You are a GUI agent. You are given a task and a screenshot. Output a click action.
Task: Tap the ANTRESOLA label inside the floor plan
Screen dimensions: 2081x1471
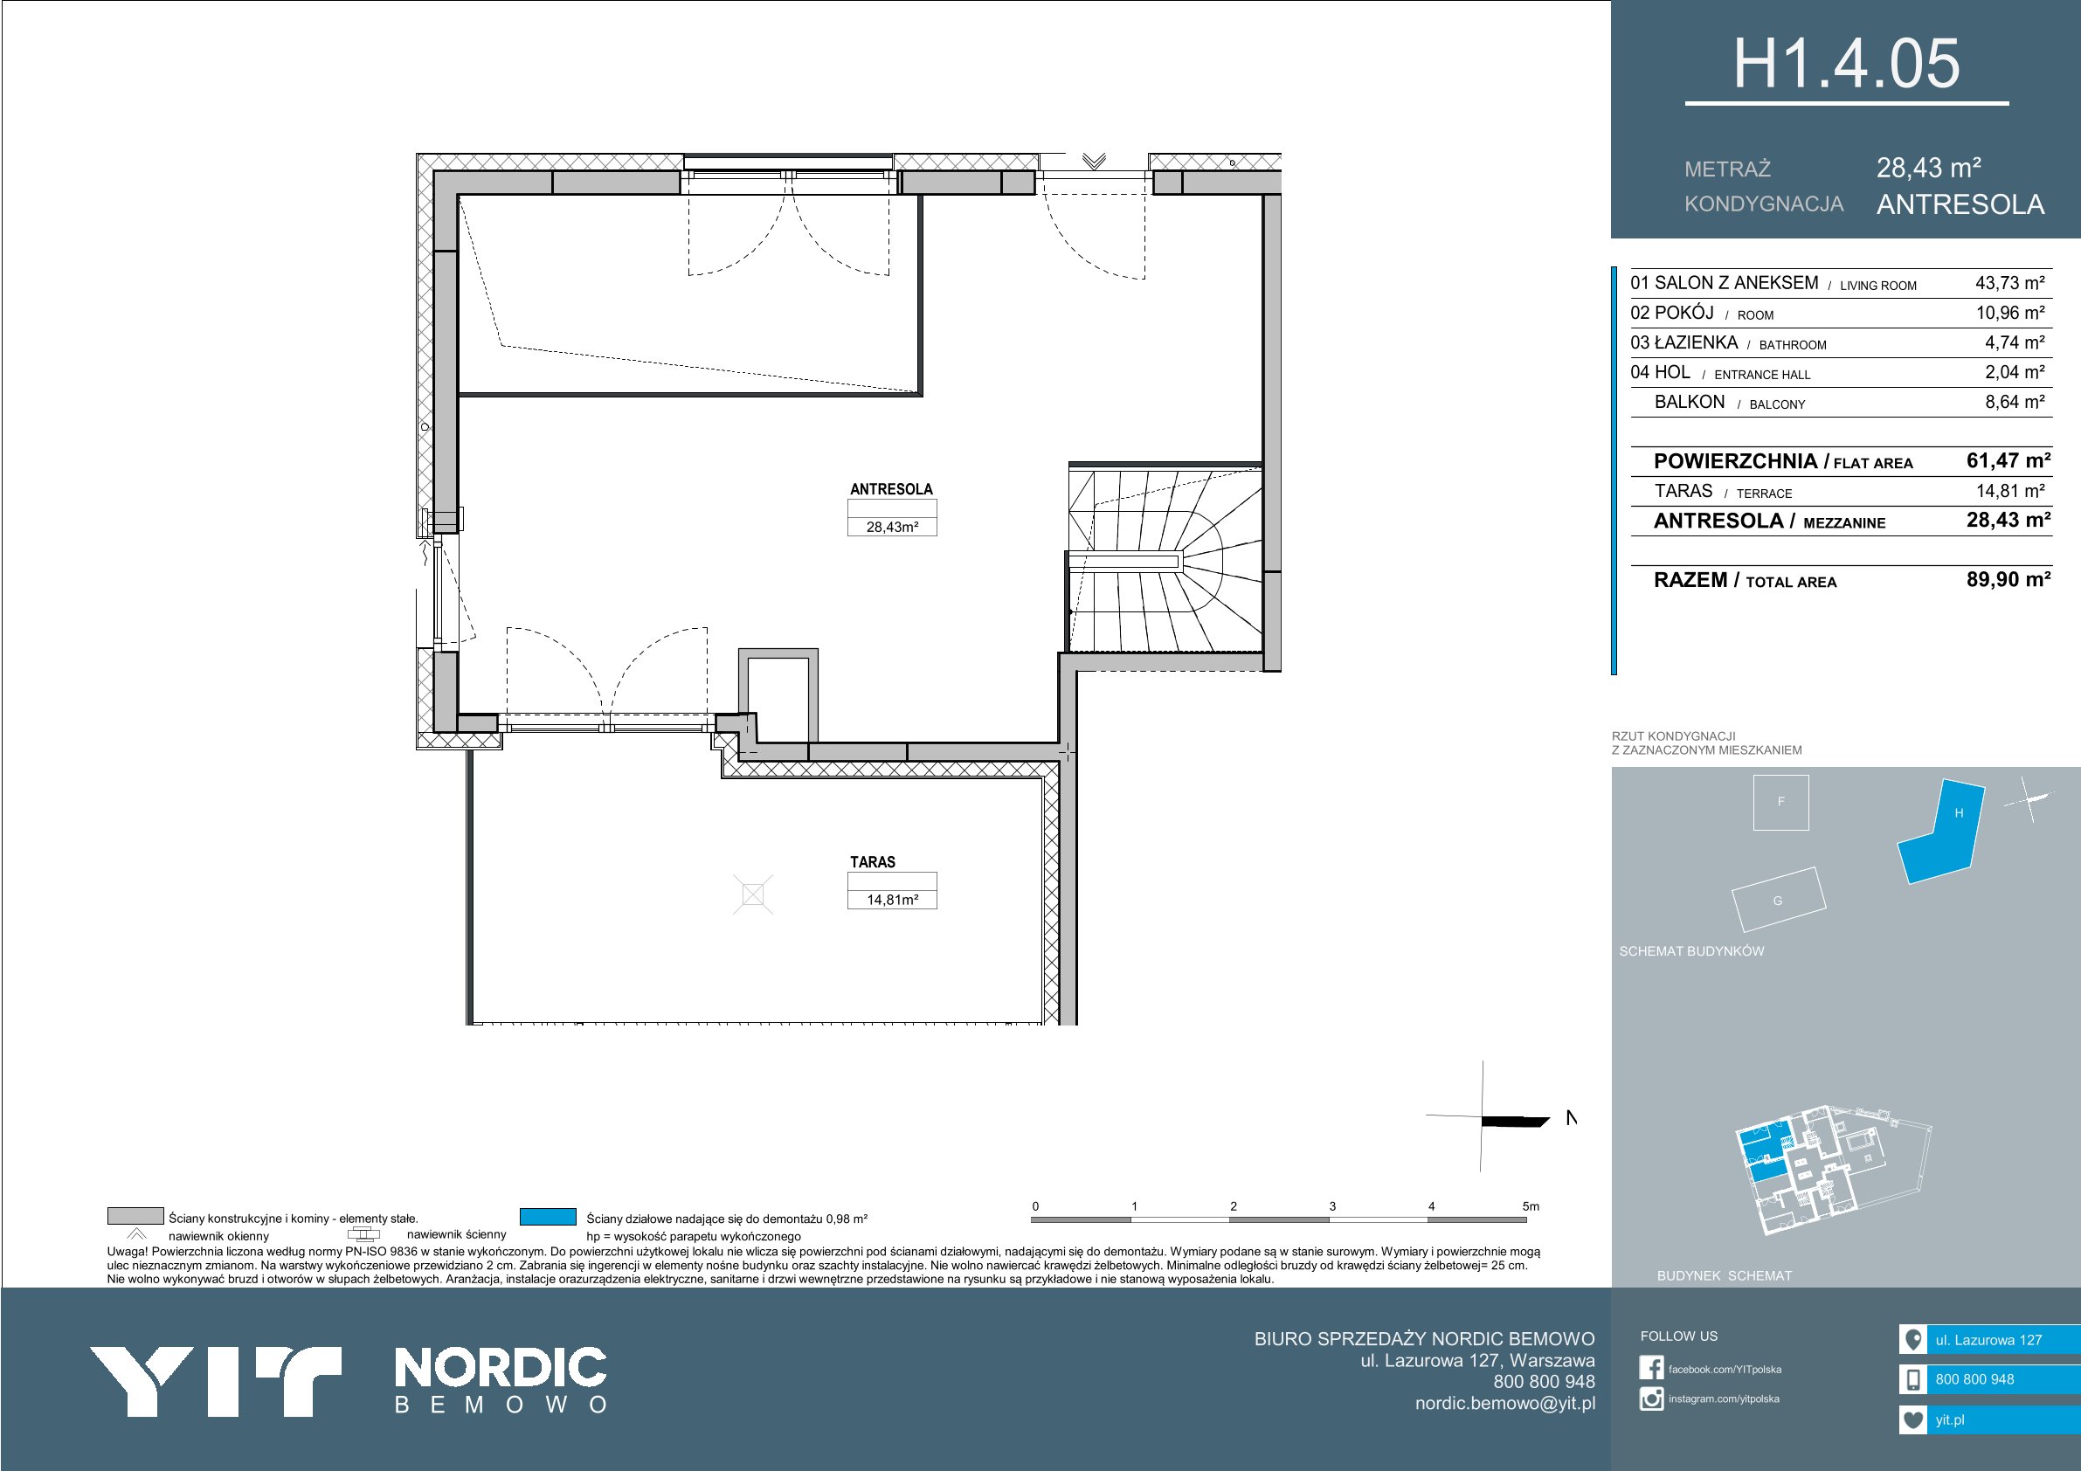891,489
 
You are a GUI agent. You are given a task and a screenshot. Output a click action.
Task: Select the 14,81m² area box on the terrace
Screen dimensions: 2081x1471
892,900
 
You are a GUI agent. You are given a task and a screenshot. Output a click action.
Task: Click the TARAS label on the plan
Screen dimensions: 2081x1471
872,862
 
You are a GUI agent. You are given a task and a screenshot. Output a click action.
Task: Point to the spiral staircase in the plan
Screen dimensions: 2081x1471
1165,559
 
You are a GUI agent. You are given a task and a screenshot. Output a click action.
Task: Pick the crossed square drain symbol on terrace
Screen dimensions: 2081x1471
753,895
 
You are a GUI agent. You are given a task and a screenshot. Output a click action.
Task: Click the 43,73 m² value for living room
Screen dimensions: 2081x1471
2009,283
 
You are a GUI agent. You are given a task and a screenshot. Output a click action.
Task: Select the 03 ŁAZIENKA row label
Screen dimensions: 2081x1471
1683,342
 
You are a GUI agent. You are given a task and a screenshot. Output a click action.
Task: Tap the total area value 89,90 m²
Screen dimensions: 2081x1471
2008,579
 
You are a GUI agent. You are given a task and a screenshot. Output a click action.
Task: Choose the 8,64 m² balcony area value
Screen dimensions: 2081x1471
2015,402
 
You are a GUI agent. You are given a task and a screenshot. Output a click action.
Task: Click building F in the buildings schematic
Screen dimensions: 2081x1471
1781,802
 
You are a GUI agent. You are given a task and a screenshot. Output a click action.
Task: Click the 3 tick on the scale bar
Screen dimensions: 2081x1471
1332,1206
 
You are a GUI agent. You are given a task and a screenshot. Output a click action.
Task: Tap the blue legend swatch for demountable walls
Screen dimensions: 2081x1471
549,1216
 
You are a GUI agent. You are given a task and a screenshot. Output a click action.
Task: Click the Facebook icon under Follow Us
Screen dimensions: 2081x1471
1651,1368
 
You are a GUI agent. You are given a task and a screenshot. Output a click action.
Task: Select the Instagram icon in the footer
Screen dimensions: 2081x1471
1651,1399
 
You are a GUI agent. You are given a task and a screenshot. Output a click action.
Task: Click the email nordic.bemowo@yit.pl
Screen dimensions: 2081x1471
1505,1403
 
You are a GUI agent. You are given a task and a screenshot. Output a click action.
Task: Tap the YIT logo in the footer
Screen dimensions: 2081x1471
215,1381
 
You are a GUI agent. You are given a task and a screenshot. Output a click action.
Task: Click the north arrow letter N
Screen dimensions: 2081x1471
1572,1118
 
